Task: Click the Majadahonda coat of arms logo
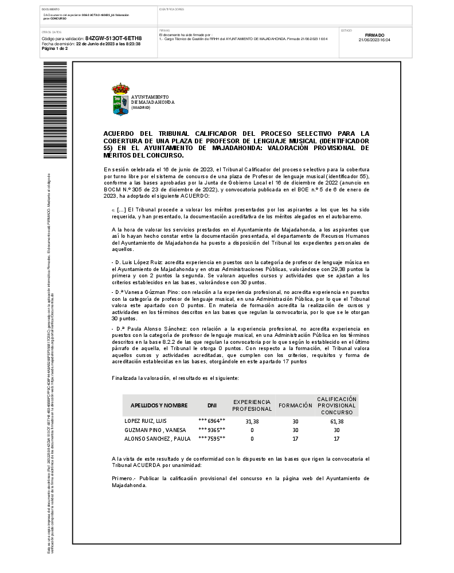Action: pos(120,100)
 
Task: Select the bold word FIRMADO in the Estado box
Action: pos(374,35)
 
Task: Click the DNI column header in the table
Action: pos(212,405)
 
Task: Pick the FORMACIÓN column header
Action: pos(295,405)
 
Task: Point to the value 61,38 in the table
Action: pos(336,421)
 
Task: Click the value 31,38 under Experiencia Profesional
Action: pos(252,421)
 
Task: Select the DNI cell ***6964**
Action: pos(212,421)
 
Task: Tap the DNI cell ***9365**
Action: pos(212,430)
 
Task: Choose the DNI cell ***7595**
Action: pos(212,438)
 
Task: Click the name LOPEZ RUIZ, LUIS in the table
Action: pos(146,421)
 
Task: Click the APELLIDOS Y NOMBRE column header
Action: pos(159,405)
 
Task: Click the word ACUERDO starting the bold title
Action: pos(120,133)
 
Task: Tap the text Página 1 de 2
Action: pos(55,49)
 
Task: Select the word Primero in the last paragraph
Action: pos(123,478)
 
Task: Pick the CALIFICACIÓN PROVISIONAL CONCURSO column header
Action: pos(336,405)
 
